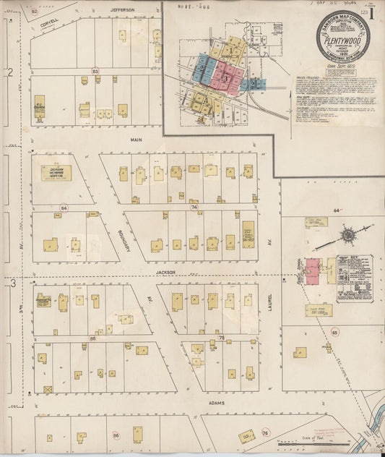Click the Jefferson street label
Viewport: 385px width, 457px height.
[122, 9]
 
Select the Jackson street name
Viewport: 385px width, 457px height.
[165, 273]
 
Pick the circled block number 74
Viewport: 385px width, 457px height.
[194, 207]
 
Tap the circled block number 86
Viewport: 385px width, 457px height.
[116, 436]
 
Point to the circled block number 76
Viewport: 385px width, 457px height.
[265, 433]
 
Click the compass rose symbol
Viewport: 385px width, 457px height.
[347, 234]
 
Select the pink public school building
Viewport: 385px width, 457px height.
[313, 270]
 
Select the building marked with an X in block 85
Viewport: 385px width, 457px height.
[48, 389]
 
